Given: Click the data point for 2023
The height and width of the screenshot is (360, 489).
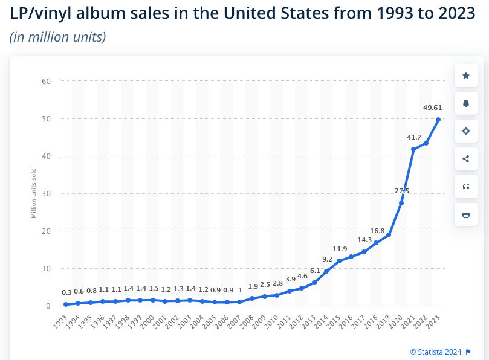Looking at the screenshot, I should (x=438, y=120).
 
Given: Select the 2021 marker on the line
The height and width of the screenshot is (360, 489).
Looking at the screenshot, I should (x=413, y=149).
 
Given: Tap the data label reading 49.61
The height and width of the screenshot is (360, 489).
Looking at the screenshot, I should (x=432, y=108).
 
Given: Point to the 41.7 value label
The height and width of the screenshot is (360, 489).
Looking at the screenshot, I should (x=415, y=137).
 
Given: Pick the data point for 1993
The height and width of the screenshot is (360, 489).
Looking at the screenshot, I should (x=66, y=304).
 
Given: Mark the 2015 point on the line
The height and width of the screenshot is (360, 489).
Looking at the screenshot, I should (x=339, y=261).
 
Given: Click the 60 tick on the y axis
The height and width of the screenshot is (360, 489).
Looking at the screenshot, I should (x=47, y=81).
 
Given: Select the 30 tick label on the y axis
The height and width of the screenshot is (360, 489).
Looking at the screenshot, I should (x=47, y=193).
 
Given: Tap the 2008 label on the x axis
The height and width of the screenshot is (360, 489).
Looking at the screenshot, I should (x=245, y=321).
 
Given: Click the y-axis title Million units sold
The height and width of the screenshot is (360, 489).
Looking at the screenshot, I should (x=34, y=193).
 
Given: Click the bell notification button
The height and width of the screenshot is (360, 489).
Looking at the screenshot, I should (x=465, y=103).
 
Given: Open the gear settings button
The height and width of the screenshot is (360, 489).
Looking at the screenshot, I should (x=465, y=131).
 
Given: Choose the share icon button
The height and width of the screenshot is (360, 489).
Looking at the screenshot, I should (x=465, y=159).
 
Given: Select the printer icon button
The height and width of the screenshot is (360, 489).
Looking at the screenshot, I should (x=465, y=214).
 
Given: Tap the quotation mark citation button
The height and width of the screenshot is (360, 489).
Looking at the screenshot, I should (x=465, y=187).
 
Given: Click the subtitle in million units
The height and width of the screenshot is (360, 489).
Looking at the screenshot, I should (x=58, y=37).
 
